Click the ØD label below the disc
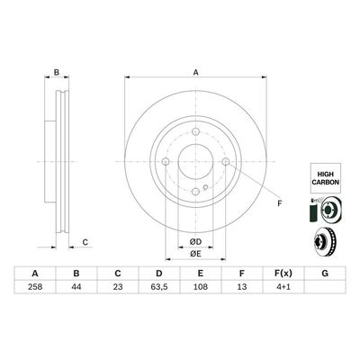pyautogui.click(x=194, y=240)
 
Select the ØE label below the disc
pyautogui.click(x=194, y=255)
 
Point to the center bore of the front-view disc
pyautogui.click(x=194, y=163)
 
